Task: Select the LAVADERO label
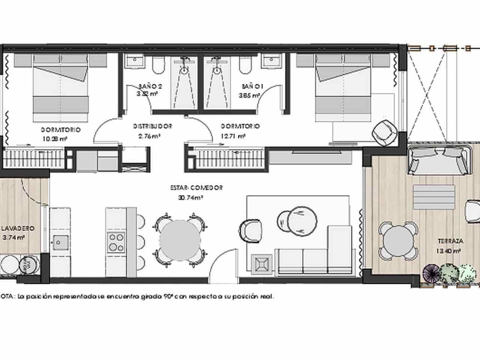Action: point(18,228)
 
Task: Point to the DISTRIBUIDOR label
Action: point(153,126)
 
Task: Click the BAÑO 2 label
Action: point(150,86)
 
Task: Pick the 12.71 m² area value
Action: point(233,136)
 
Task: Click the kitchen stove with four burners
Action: point(116,242)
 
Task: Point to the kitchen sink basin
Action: point(59,242)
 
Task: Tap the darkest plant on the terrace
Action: point(432,273)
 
